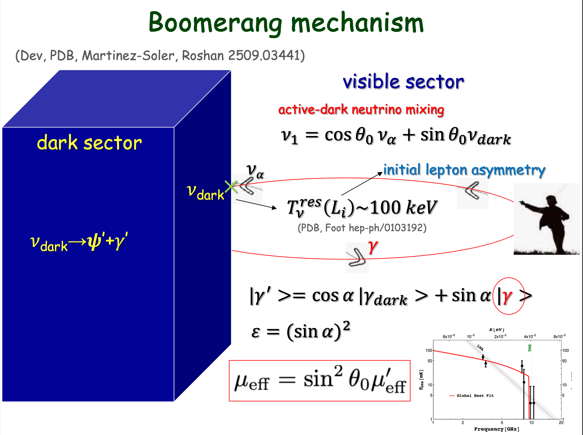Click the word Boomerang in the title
(215, 23)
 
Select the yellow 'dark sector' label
(89, 142)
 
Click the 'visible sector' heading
(403, 82)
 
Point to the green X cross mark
(231, 186)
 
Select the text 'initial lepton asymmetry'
(464, 170)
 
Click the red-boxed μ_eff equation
(320, 381)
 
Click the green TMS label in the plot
(530, 348)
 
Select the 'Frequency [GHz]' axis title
(497, 429)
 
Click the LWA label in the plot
(480, 348)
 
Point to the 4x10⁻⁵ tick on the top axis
(530, 336)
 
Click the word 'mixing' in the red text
(424, 110)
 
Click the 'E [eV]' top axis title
(497, 330)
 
